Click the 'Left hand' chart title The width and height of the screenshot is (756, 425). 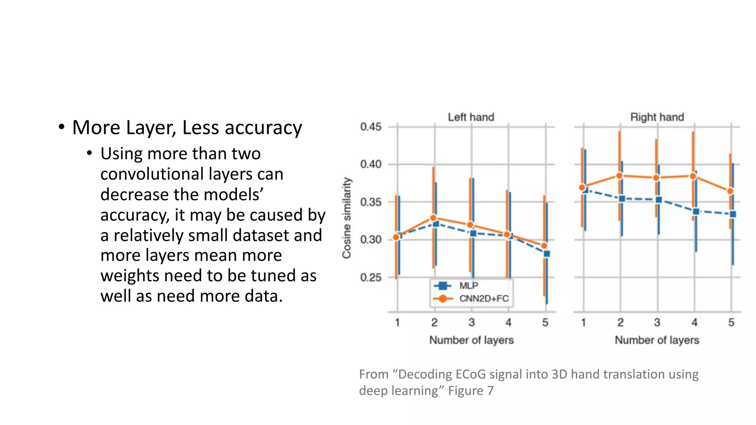(x=471, y=117)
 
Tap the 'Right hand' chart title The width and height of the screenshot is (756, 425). (x=657, y=117)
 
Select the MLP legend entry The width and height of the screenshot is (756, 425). (x=468, y=286)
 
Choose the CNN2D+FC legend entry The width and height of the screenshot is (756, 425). (x=484, y=298)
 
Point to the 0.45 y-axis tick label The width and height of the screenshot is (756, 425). (x=371, y=127)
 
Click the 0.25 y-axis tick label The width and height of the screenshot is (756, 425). (x=371, y=277)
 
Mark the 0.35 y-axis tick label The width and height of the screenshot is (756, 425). (x=371, y=202)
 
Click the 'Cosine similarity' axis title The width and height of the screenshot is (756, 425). (x=346, y=218)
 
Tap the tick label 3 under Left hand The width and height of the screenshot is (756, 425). (x=471, y=322)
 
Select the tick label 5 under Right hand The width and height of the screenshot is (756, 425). (x=731, y=322)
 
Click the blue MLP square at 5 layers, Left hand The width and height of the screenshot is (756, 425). (x=547, y=254)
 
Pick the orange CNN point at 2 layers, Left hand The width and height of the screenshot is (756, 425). (x=434, y=218)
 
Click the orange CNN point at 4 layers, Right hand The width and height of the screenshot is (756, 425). (x=693, y=176)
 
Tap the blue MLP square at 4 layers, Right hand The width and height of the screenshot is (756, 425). (x=696, y=211)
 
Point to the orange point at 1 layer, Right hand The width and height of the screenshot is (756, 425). (x=582, y=187)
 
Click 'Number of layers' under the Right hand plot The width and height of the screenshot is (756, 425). (x=657, y=340)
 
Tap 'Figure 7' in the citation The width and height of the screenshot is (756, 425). (x=471, y=391)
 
